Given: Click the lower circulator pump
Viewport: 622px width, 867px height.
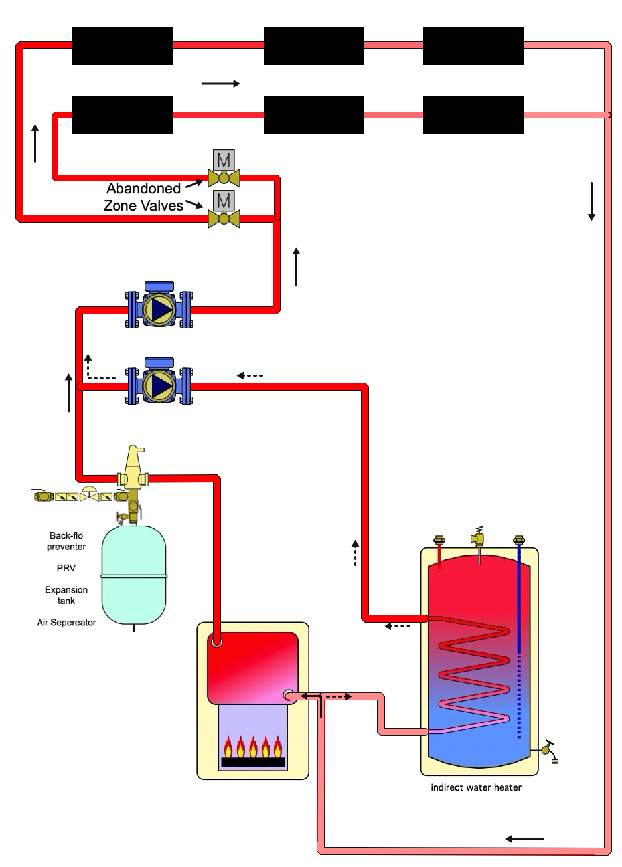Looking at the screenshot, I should click(159, 384).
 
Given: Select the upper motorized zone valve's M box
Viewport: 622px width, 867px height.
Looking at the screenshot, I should click(224, 159).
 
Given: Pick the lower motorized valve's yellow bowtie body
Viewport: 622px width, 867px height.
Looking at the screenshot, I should click(224, 218).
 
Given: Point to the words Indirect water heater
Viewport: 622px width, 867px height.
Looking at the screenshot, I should click(476, 788).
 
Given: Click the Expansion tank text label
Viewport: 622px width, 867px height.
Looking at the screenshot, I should click(66, 595).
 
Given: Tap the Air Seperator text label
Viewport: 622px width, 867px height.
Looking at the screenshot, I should click(66, 623).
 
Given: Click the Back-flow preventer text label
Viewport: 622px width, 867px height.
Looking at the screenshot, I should click(66, 541).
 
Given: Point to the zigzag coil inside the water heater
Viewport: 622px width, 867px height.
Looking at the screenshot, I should click(473, 674).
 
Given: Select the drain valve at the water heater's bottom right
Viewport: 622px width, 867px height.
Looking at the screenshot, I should click(546, 749).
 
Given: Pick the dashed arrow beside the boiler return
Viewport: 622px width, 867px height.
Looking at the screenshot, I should click(337, 696).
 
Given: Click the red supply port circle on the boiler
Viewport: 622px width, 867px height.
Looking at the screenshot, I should click(215, 641).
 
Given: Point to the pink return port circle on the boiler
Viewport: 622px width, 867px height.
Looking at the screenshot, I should click(289, 695).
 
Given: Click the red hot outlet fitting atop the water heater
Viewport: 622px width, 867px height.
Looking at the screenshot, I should click(438, 541).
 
